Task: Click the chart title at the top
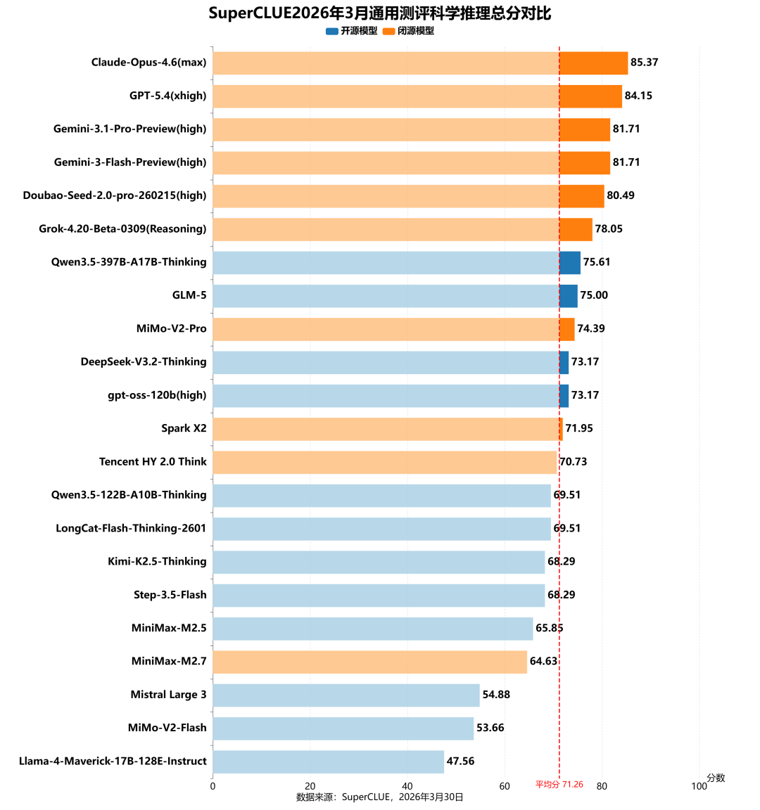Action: tap(380, 13)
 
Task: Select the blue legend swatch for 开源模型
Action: tap(332, 31)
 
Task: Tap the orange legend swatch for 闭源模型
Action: tap(389, 31)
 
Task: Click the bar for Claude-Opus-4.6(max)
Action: tap(419, 63)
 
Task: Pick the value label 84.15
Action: tap(638, 96)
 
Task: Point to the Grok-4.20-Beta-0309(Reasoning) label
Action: tap(122, 229)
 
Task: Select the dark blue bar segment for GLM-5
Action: tap(569, 295)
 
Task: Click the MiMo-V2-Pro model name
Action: tap(172, 328)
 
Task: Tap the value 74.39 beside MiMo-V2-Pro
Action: tap(591, 328)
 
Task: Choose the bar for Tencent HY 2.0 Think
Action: tap(384, 462)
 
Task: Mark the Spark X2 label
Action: tap(184, 428)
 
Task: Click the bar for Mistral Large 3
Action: tap(346, 695)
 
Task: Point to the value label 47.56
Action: tap(461, 761)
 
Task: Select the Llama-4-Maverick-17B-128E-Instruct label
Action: tap(113, 761)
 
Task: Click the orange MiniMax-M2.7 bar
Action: tap(369, 662)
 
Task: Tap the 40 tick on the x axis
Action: tap(407, 786)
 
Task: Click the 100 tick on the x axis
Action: tap(699, 786)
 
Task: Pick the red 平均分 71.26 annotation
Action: tap(559, 784)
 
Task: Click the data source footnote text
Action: tap(380, 797)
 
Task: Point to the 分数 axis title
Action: tap(716, 778)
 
